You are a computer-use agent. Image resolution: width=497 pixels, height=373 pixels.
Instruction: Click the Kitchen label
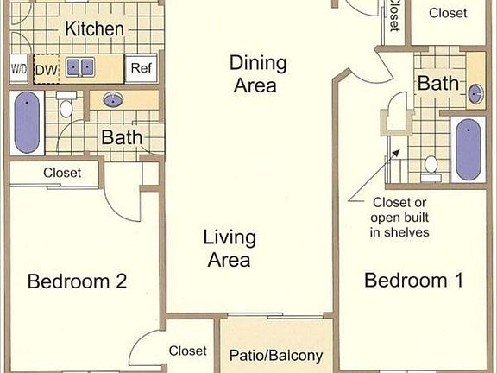(x=94, y=28)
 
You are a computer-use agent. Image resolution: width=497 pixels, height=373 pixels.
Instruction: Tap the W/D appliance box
(x=19, y=67)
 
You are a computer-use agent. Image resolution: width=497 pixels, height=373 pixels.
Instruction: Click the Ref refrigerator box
(x=141, y=67)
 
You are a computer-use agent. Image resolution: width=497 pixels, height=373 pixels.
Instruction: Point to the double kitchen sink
(x=83, y=66)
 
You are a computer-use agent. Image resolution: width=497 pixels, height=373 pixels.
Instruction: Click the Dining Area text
(x=253, y=73)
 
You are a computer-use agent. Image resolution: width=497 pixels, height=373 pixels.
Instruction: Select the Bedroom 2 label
(x=78, y=281)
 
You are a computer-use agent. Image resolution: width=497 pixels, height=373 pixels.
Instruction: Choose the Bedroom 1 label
(x=414, y=280)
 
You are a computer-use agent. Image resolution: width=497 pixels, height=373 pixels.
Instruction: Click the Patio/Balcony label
(x=276, y=355)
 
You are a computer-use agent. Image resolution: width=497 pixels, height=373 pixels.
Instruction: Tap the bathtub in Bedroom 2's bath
(x=27, y=123)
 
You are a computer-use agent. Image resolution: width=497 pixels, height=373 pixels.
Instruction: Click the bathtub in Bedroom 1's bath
(x=468, y=149)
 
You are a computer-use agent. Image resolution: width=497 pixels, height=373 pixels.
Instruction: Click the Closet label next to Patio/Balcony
(x=187, y=351)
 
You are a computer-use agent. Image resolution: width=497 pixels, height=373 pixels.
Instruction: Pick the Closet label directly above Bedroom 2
(x=62, y=173)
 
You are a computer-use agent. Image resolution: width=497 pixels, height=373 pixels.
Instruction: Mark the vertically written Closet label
(x=393, y=16)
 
